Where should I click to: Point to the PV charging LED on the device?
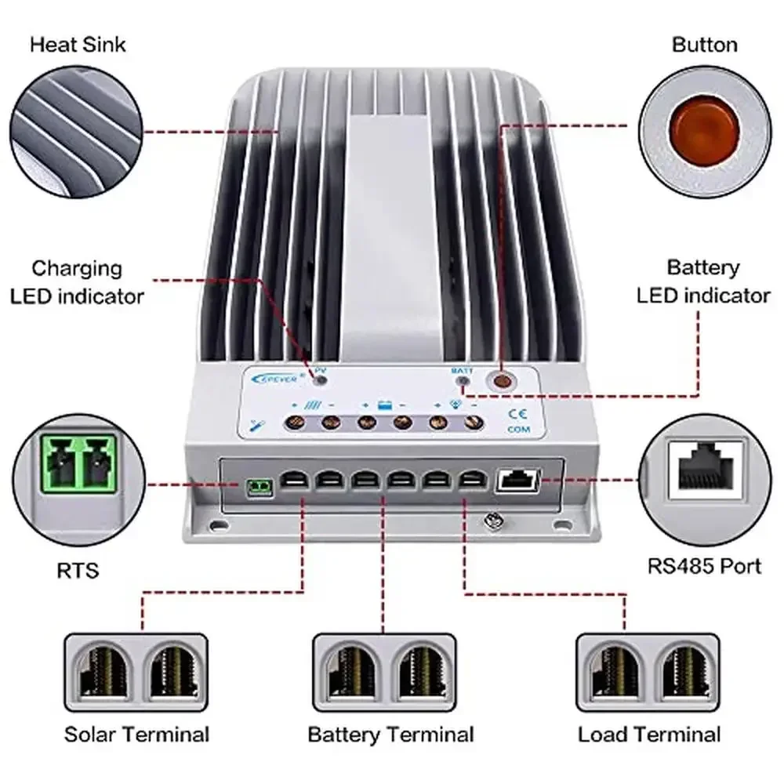pos(321,379)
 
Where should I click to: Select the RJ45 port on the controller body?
pos(517,481)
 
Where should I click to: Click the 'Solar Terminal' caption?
pos(137,735)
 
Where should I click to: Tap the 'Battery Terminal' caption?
pos(390,735)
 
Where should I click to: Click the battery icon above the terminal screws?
pos(385,407)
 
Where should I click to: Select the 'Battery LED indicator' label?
pos(703,281)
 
